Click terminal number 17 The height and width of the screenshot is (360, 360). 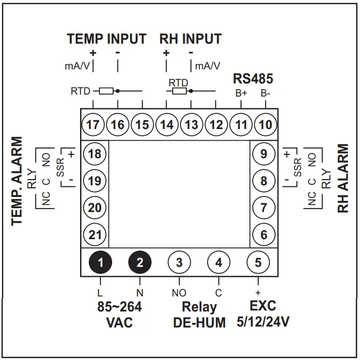click(x=93, y=125)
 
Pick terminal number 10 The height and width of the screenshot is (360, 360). click(x=265, y=125)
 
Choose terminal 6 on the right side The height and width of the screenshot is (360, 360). click(x=264, y=235)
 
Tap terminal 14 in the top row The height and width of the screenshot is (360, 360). click(x=167, y=125)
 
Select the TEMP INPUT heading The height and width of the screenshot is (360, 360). click(x=106, y=39)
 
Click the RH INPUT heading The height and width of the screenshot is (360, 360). click(x=191, y=39)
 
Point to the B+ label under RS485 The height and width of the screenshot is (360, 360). click(x=242, y=93)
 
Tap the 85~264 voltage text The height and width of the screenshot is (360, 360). click(x=119, y=307)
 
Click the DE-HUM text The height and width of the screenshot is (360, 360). click(x=199, y=323)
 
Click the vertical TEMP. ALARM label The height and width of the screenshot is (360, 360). click(x=18, y=180)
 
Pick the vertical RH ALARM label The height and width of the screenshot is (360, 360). click(x=343, y=178)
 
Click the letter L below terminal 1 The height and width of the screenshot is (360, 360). click(x=100, y=293)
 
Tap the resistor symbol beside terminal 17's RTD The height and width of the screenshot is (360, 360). click(x=107, y=91)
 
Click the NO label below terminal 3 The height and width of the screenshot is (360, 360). click(x=179, y=293)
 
